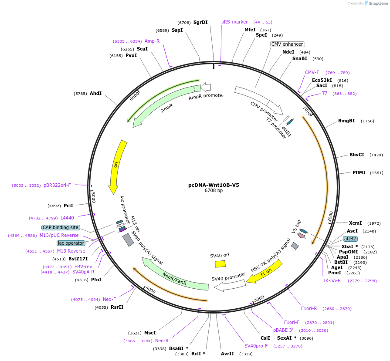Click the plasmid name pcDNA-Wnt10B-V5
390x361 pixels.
[214, 185]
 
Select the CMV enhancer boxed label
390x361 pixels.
[287, 44]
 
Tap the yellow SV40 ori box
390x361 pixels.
[220, 263]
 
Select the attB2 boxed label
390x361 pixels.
[350, 239]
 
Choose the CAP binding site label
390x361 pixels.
[61, 227]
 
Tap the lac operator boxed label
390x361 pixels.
[71, 243]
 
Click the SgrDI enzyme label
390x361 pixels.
[200, 22]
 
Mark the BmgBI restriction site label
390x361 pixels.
[346, 121]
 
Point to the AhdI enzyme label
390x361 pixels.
[95, 93]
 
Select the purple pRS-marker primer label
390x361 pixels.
[234, 22]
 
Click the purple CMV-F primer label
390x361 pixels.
[312, 72]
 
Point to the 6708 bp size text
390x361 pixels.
[214, 191]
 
